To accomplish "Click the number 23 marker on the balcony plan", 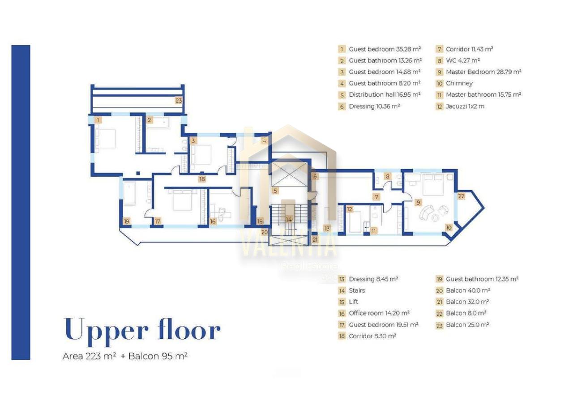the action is click(x=179, y=101).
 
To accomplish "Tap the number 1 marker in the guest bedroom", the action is click(x=98, y=119).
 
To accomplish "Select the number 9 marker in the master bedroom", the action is click(x=418, y=202).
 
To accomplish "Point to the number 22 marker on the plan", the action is click(x=461, y=196).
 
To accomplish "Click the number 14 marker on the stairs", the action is click(x=289, y=219).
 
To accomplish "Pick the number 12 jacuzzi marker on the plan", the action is click(x=350, y=209).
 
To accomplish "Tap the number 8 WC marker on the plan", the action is click(x=388, y=176).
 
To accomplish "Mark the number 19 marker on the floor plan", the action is click(x=127, y=221).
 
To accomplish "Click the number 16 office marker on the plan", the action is click(x=213, y=222).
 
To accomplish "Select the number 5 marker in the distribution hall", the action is click(x=275, y=191).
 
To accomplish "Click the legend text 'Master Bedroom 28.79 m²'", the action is click(x=483, y=72).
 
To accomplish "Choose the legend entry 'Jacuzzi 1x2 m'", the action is click(x=465, y=107).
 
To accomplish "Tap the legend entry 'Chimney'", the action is click(x=459, y=83).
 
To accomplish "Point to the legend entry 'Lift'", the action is click(x=354, y=302).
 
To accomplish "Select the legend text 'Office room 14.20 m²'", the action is click(x=379, y=313).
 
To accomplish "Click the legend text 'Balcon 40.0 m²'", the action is click(x=468, y=290).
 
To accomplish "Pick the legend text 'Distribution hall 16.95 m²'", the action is click(x=385, y=94).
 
